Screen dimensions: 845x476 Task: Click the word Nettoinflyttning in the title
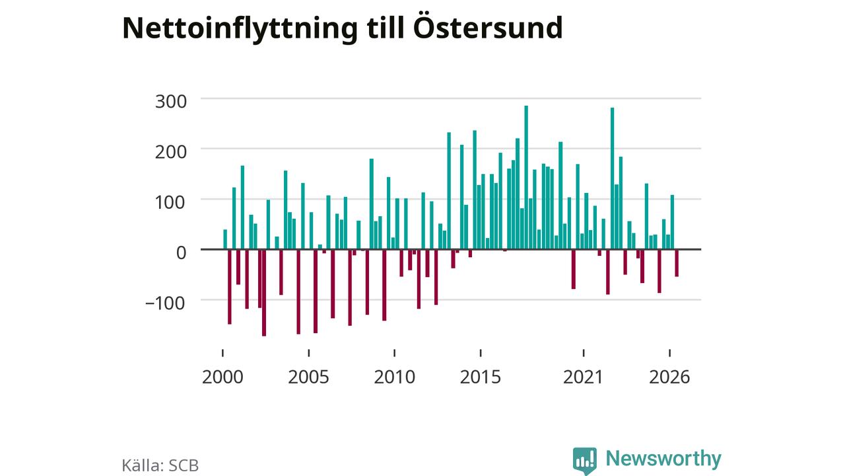(x=240, y=28)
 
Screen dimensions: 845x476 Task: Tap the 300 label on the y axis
(x=171, y=102)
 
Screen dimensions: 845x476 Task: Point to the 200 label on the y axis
(x=171, y=152)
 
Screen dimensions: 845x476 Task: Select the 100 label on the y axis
(x=171, y=202)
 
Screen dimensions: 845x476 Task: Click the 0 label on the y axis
(x=182, y=253)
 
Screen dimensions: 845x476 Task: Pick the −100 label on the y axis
(x=166, y=303)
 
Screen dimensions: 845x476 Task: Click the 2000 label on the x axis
(x=222, y=377)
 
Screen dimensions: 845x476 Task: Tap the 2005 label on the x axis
(x=308, y=377)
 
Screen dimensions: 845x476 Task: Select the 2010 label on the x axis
(x=395, y=377)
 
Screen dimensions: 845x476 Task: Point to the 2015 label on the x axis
(x=481, y=377)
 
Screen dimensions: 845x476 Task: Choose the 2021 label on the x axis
(x=584, y=377)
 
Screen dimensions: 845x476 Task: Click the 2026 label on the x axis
(x=669, y=377)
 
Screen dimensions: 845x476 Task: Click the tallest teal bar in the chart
(x=526, y=178)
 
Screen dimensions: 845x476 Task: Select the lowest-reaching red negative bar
(x=264, y=293)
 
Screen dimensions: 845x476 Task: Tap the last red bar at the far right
(x=677, y=263)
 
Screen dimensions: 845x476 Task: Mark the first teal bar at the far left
(x=225, y=239)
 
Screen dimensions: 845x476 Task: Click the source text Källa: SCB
(x=160, y=465)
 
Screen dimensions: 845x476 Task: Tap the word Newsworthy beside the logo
(x=663, y=459)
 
